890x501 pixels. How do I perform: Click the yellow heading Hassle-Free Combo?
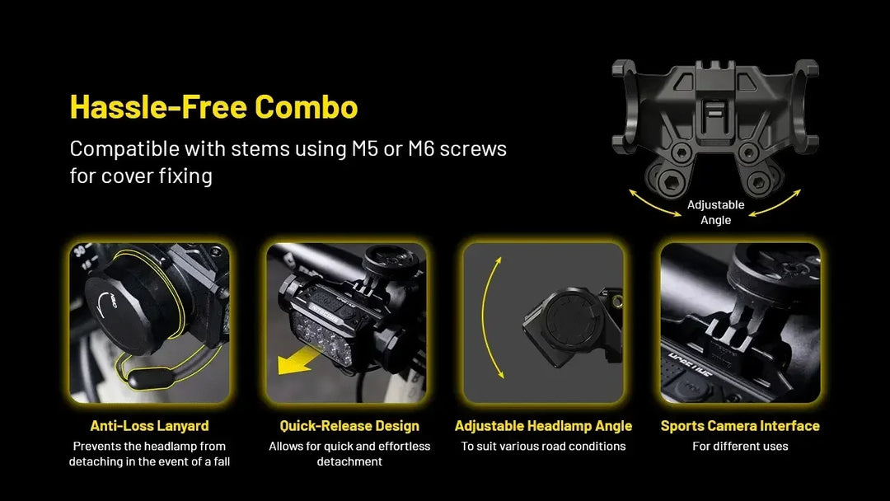214,106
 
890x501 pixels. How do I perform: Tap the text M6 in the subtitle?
421,148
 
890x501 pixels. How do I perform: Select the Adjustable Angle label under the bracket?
716,213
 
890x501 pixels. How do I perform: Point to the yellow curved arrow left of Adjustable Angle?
653,205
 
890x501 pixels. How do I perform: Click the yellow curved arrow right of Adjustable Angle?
776,204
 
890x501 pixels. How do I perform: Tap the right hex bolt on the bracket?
758,183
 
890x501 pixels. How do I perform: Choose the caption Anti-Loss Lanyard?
149,425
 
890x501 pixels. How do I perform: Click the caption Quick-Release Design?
349,425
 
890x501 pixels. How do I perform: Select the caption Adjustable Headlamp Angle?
543,425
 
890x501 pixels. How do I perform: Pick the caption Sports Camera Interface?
740,425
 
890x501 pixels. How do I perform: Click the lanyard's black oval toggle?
151,378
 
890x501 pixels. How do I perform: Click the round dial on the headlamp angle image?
570,318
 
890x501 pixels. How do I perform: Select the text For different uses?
740,447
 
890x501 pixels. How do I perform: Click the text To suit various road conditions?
543,447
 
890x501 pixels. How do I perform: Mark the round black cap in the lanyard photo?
122,307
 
